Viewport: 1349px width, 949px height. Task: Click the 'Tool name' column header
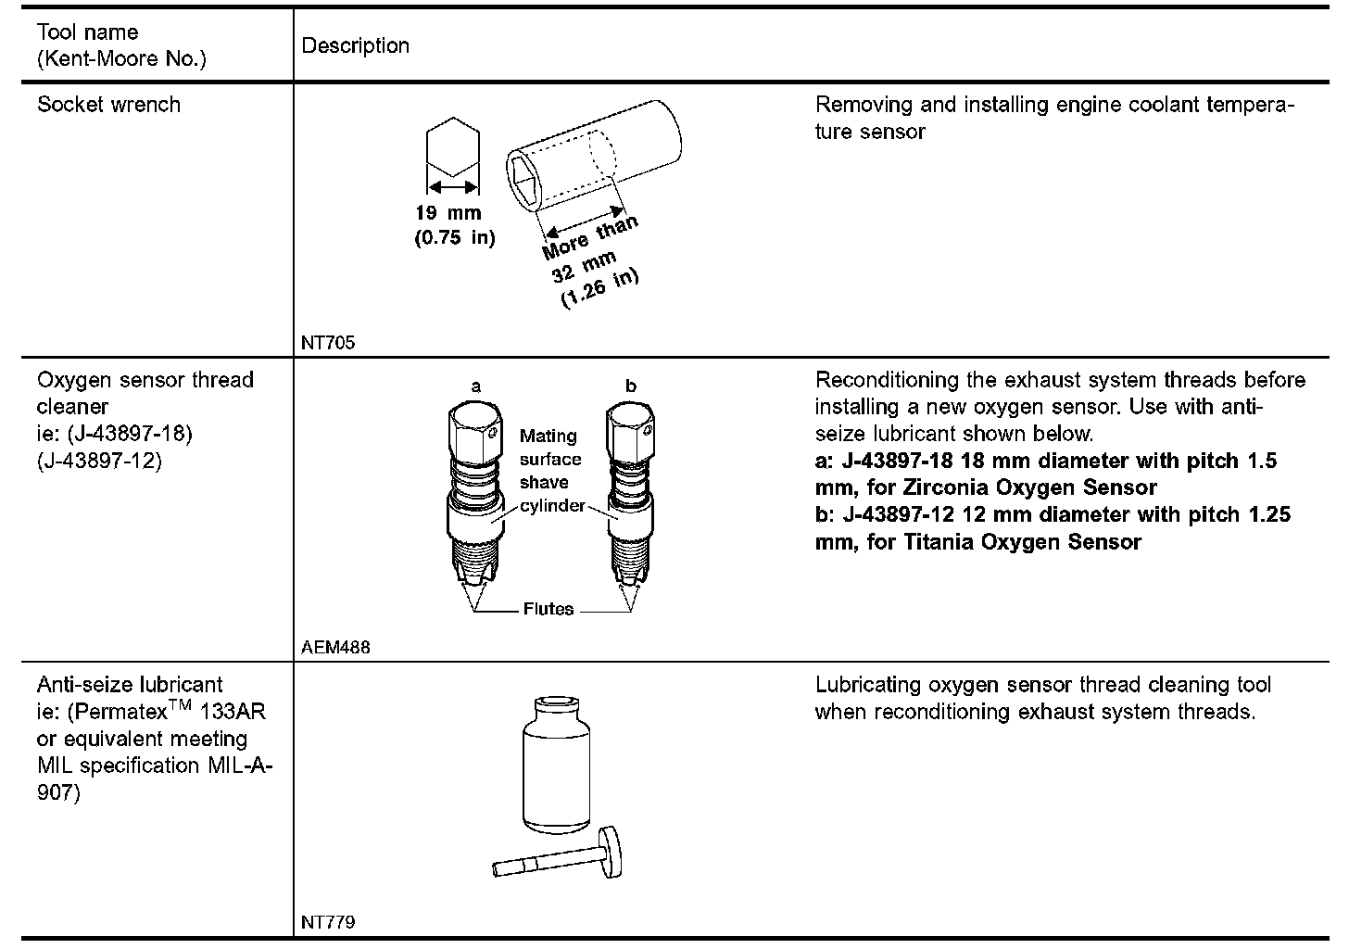click(87, 32)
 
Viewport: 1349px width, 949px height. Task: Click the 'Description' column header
click(356, 45)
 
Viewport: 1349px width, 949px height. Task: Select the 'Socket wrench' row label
click(108, 104)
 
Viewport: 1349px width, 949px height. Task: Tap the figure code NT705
click(328, 342)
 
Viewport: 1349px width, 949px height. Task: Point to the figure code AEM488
click(335, 647)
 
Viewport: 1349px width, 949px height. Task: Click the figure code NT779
click(328, 922)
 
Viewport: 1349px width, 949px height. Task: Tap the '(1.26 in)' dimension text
click(599, 288)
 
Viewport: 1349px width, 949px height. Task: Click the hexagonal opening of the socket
click(523, 181)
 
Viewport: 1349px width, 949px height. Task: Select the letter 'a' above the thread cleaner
click(476, 386)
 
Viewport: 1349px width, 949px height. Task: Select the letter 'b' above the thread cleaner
click(631, 386)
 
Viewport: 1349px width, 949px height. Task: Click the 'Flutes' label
click(548, 609)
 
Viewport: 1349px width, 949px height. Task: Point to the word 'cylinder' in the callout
click(552, 505)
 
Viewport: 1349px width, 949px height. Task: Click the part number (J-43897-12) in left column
click(99, 460)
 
